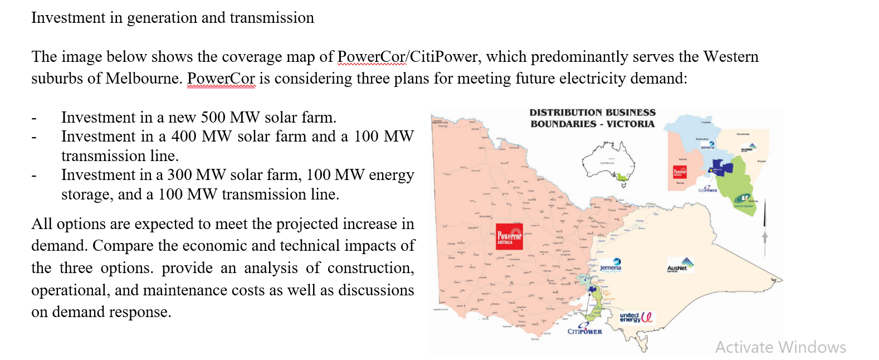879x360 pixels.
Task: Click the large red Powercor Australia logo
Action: [x=509, y=236]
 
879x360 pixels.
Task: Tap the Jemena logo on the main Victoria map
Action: [x=611, y=265]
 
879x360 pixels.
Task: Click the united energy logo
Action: [x=636, y=317]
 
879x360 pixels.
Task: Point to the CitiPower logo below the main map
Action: [x=584, y=329]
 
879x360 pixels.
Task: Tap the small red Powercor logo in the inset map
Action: [x=680, y=172]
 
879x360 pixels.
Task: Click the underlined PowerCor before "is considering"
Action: [x=221, y=78]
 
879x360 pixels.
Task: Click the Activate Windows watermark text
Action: [x=780, y=347]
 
